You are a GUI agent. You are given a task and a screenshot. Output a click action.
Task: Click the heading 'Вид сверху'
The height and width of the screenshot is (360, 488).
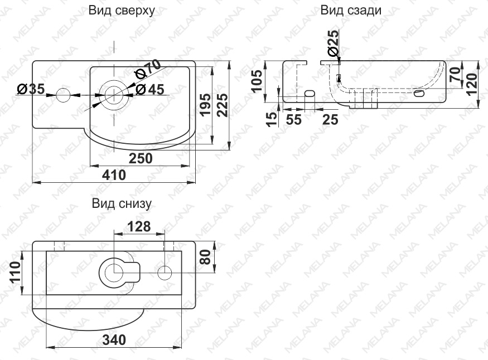point(122,11)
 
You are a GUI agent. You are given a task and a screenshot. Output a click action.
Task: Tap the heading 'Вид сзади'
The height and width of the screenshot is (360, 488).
point(351,11)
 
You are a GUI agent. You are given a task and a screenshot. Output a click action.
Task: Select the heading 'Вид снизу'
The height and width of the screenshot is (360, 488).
point(122,204)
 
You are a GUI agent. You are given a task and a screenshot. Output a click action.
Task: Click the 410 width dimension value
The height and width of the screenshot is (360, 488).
point(114,175)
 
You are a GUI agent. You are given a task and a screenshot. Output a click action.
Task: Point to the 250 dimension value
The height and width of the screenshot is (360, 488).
point(141,158)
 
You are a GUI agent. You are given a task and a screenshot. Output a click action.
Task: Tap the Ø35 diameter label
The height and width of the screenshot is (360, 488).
point(31,89)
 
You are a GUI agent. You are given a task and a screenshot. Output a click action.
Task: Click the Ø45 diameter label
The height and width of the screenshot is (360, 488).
point(151,89)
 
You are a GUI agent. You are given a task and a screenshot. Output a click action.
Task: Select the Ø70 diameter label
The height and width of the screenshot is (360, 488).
point(148,69)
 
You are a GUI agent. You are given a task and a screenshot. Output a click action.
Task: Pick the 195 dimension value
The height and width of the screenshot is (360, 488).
point(205,105)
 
